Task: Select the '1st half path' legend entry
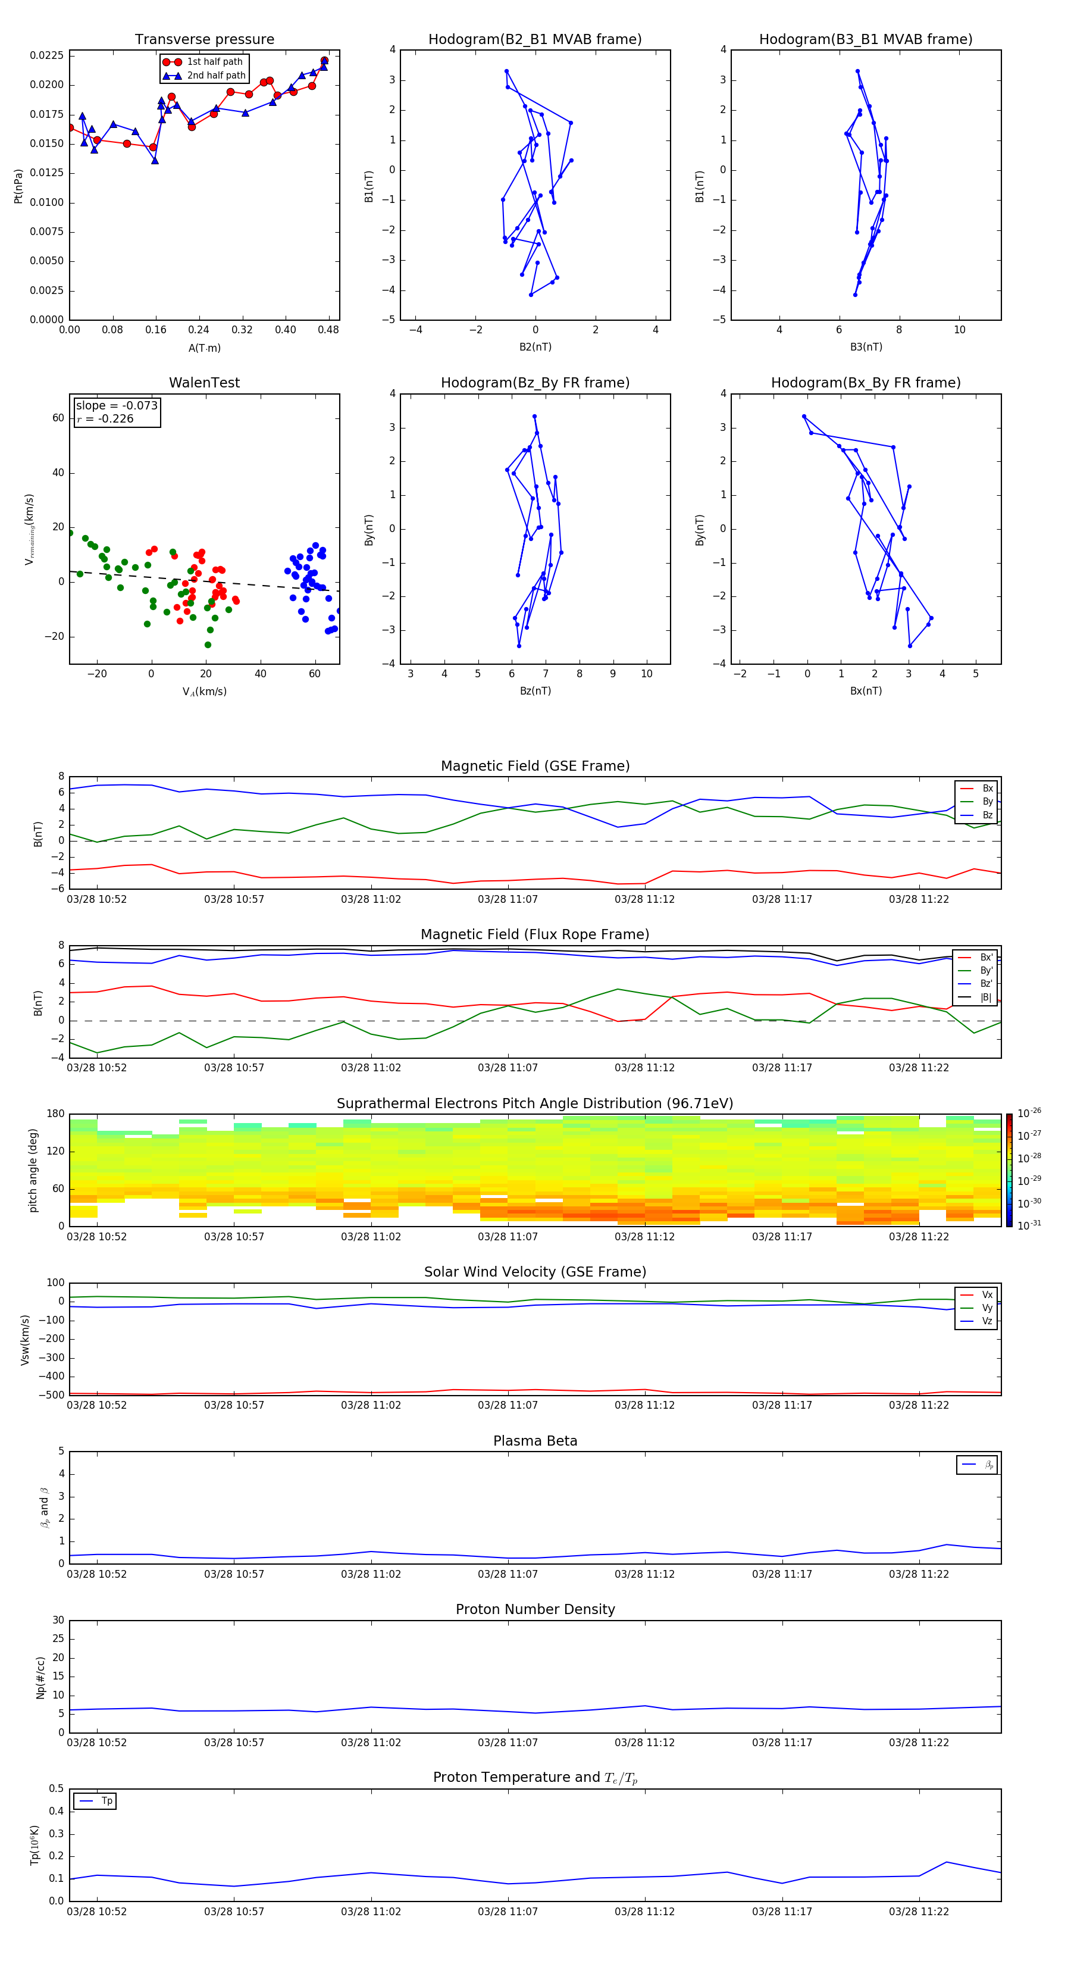[x=214, y=62]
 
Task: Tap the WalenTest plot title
[x=204, y=383]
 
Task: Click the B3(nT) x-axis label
[x=866, y=347]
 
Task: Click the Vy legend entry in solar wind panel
[x=987, y=1308]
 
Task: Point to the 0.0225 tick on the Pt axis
[x=46, y=56]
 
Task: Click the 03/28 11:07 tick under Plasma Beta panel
[x=508, y=1574]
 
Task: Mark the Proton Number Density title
[x=534, y=1609]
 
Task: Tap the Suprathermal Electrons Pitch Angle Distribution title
[x=534, y=1103]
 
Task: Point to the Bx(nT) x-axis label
[x=866, y=691]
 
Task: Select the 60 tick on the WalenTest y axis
[x=58, y=418]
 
